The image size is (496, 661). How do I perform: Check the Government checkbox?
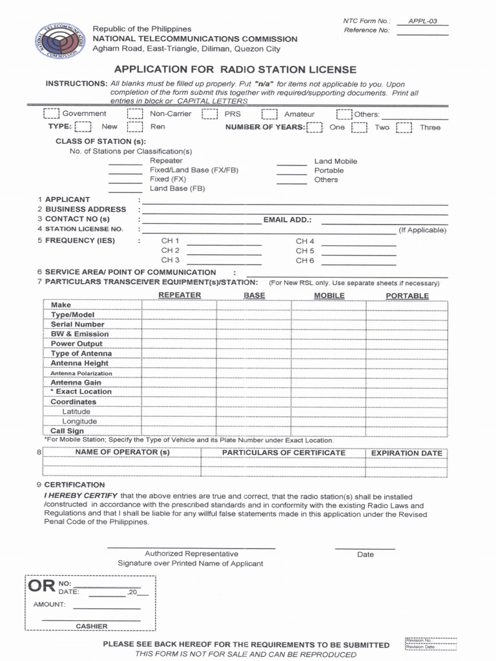(x=51, y=114)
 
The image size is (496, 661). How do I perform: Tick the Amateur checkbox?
(x=269, y=114)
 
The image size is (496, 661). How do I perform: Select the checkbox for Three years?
(x=404, y=128)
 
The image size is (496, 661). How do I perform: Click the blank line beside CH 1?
(x=223, y=244)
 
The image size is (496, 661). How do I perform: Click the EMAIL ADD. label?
(x=287, y=220)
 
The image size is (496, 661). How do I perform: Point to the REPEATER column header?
(x=180, y=296)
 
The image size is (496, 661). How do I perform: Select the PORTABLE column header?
(x=407, y=296)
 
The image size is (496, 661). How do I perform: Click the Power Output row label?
(x=77, y=344)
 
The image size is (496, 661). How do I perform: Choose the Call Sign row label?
(x=67, y=431)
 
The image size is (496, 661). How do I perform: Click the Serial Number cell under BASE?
(x=254, y=325)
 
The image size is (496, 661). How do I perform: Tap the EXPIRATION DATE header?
(x=406, y=453)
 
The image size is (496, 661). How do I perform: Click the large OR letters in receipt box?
(x=41, y=587)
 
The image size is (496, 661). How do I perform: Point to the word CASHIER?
(x=92, y=626)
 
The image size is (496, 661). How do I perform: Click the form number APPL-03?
(x=422, y=21)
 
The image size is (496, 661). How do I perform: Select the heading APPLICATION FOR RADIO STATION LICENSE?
(x=235, y=70)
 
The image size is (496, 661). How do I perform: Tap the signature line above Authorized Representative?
(x=191, y=547)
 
